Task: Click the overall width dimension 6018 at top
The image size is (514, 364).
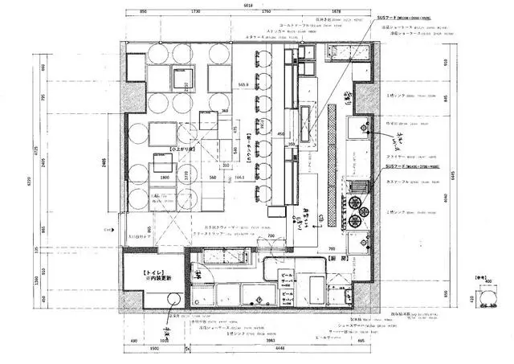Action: [x=248, y=5]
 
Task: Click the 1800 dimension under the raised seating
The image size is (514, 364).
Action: [x=164, y=178]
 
